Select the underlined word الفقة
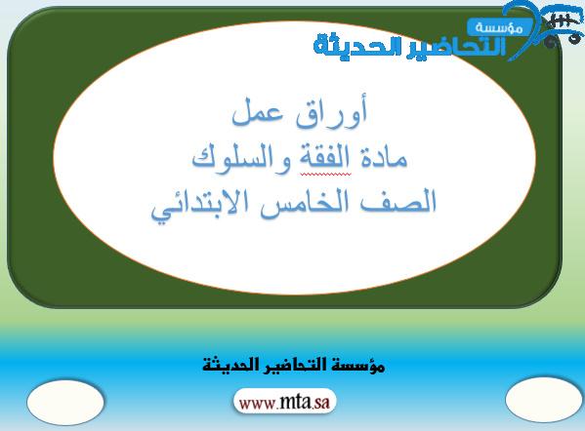click(324, 157)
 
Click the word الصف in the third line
click(398, 202)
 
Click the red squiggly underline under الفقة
click(325, 174)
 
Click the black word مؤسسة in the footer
click(360, 365)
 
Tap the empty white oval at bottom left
click(65, 402)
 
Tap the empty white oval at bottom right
click(544, 400)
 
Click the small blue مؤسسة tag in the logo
click(499, 27)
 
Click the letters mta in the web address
click(295, 402)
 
